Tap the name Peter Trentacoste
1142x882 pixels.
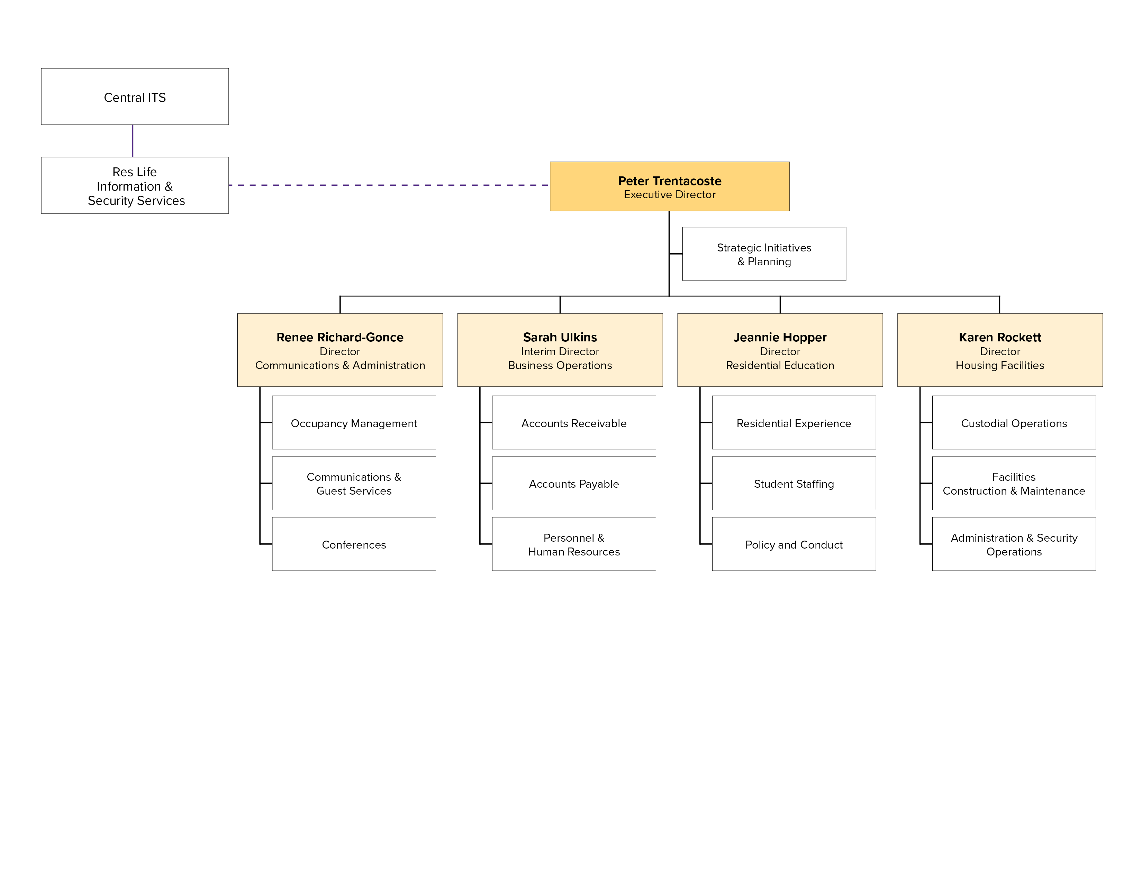(x=669, y=181)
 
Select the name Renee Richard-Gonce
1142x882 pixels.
(x=340, y=337)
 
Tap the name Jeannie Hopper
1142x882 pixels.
(x=780, y=337)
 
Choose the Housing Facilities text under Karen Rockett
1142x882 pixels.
(x=999, y=365)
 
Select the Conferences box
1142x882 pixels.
(x=354, y=544)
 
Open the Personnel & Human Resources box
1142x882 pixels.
(x=574, y=544)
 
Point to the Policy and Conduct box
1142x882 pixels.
(x=794, y=544)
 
